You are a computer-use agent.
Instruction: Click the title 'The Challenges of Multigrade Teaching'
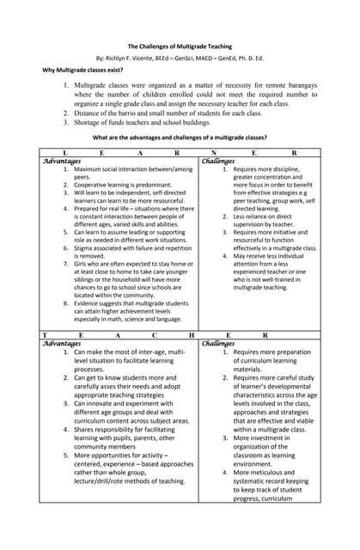pos(180,46)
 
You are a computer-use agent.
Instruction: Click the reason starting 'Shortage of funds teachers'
pos(142,123)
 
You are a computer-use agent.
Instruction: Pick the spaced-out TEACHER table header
pos(180,334)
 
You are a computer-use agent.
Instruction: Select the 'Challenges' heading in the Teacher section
pos(218,343)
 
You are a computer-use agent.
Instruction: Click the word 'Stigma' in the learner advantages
pos(85,247)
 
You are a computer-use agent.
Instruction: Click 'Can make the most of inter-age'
pos(129,352)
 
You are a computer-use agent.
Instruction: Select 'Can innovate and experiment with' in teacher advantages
pos(129,403)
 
